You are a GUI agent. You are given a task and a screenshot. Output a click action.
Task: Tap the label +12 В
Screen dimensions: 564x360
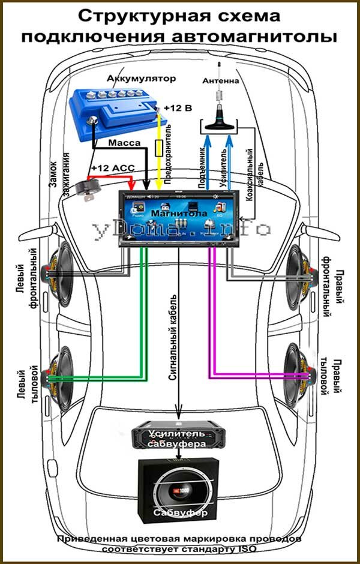(178, 109)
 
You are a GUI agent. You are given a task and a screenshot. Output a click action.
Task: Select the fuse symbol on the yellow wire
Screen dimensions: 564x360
(159, 146)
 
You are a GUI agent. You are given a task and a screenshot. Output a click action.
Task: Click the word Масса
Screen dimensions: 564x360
(125, 143)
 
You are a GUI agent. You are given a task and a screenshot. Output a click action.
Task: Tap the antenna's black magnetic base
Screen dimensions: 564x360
(218, 125)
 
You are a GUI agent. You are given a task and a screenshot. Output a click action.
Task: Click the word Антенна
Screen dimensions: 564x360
(221, 80)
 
